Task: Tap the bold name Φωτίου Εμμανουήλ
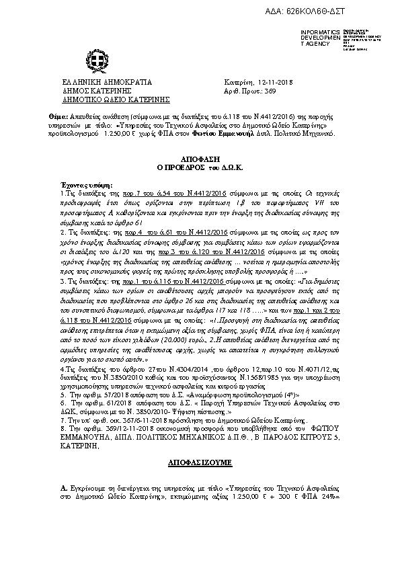[x=229, y=134]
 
